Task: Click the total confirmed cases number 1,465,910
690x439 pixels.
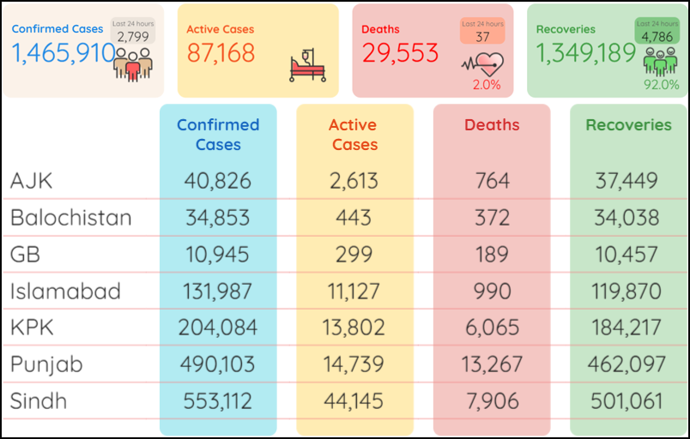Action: coord(64,53)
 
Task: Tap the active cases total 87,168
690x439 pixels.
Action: coord(221,53)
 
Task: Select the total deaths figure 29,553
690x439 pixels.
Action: coord(400,53)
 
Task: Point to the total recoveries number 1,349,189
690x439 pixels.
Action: coord(586,53)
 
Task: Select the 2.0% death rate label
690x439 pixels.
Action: coord(486,85)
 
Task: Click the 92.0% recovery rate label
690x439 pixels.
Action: coord(662,85)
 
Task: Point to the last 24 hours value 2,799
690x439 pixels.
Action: coord(133,37)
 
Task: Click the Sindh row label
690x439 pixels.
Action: coord(39,401)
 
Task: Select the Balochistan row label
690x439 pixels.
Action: coord(71,218)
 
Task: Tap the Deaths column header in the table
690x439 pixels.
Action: coord(492,125)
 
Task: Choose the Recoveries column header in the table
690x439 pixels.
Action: coord(628,125)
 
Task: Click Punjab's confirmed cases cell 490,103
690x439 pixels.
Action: coord(218,364)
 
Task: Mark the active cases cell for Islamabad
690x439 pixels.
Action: coord(354,292)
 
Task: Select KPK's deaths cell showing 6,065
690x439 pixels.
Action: coord(492,328)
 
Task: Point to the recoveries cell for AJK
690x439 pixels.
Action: coord(628,181)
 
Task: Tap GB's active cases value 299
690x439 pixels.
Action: coord(354,255)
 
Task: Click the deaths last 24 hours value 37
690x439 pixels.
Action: coord(482,37)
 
